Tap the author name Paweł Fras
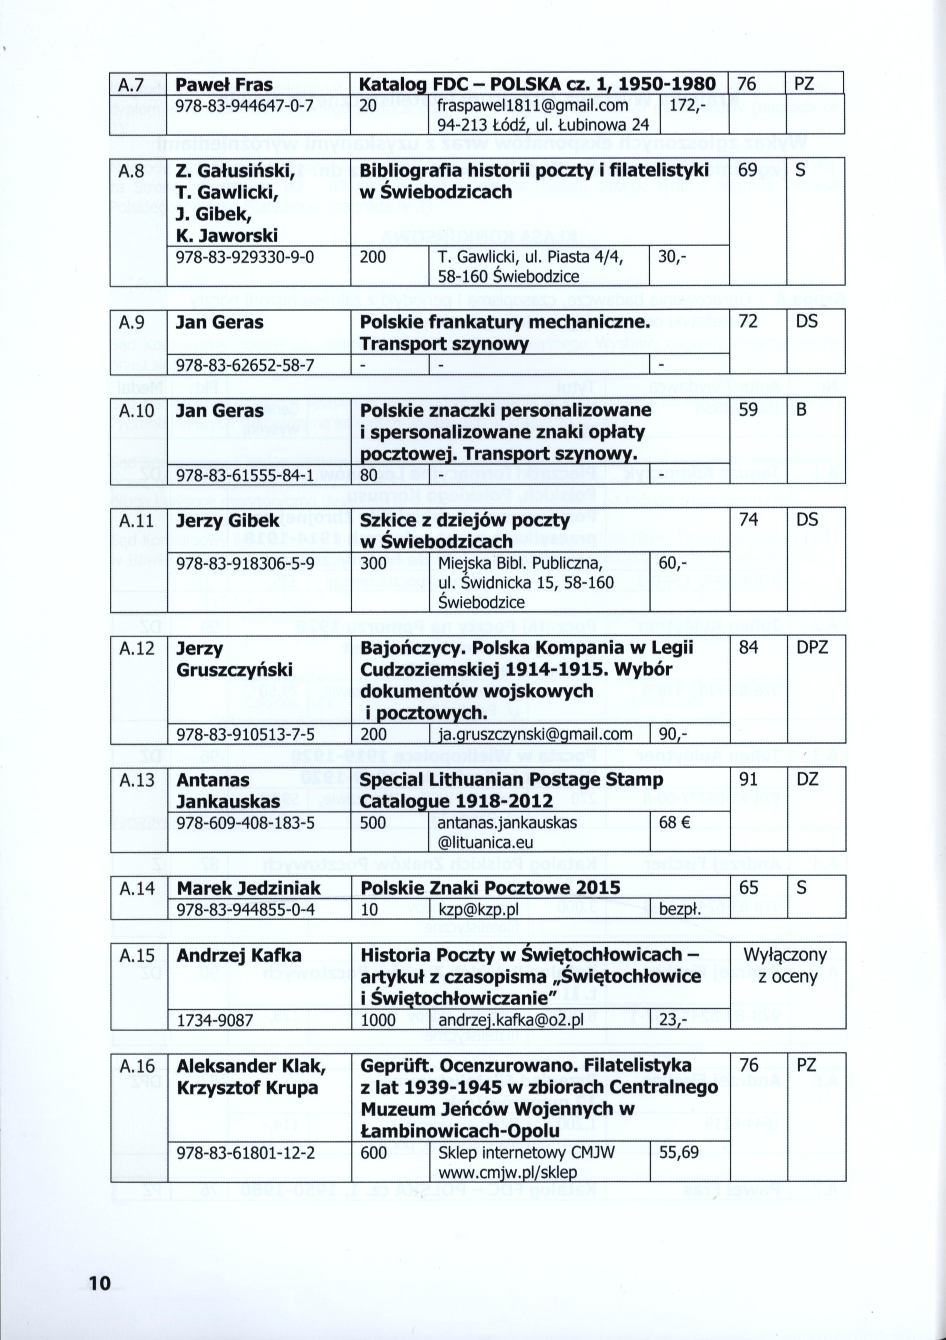224,85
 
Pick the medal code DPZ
812,647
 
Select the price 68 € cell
675,823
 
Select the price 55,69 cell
678,1153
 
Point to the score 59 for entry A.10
748,410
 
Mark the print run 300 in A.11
373,564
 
